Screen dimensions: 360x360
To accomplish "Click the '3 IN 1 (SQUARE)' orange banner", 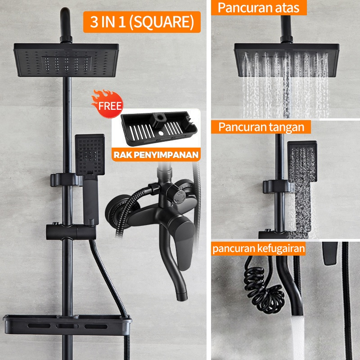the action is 142,22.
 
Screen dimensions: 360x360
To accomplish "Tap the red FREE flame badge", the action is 108,104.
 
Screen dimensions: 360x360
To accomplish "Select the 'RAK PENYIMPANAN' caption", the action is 156,155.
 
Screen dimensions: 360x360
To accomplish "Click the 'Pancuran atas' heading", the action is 258,8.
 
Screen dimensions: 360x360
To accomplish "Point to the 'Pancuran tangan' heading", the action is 261,127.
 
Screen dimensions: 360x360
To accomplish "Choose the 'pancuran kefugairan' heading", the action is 258,249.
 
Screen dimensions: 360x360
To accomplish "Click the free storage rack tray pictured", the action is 159,129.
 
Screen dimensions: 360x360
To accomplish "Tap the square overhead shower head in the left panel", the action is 66,60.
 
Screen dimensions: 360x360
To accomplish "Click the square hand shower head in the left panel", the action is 90,154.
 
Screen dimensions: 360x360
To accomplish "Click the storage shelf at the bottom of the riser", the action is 67,325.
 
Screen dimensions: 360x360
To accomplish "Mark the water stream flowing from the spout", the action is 298,337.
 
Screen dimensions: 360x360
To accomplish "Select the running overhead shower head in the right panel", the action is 287,60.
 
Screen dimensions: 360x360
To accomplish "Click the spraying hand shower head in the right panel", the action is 302,161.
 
